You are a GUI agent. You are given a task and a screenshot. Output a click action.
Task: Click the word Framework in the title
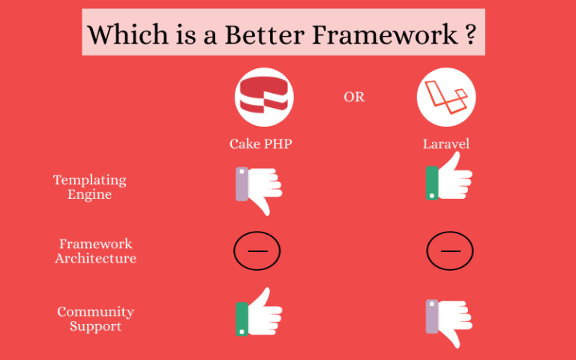(x=385, y=34)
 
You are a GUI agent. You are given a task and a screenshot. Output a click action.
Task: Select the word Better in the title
(x=264, y=34)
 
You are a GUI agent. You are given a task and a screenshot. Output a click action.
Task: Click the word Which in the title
(x=127, y=34)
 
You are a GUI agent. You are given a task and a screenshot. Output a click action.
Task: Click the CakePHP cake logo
(x=264, y=97)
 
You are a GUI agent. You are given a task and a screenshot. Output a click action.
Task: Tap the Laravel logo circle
(x=446, y=97)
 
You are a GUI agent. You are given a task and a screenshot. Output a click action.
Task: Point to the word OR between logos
(x=354, y=97)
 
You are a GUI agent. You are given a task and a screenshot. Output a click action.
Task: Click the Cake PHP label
(x=261, y=144)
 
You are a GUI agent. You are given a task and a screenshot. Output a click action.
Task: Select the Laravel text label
(x=446, y=144)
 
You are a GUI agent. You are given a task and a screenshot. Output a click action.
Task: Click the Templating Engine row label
(x=90, y=187)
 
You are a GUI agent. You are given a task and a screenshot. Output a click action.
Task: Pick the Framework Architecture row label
(x=95, y=251)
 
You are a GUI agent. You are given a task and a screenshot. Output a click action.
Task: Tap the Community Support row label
(x=95, y=319)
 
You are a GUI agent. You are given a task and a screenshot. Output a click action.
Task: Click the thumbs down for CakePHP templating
(x=259, y=191)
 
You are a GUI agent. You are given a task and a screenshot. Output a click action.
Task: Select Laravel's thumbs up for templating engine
(x=449, y=176)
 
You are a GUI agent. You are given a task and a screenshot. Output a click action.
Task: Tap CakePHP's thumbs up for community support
(x=259, y=311)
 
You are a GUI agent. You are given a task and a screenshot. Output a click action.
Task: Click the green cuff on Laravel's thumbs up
(x=432, y=183)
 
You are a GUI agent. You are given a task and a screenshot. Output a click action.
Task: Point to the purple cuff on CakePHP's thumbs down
(x=242, y=184)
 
